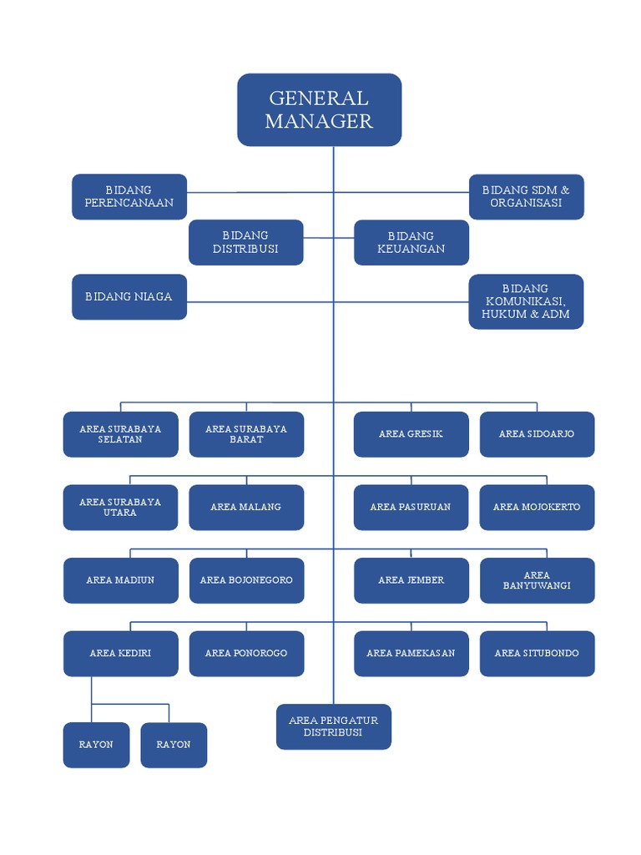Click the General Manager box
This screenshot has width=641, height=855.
[320, 109]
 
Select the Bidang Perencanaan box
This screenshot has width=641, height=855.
[129, 196]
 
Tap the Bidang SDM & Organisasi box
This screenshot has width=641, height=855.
[526, 196]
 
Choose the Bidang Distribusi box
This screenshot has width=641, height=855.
[245, 242]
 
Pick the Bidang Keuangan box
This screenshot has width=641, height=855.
[411, 242]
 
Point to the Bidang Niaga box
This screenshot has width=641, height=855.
[129, 296]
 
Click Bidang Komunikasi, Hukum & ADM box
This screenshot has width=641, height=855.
[526, 301]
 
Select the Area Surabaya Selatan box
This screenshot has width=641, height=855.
[120, 434]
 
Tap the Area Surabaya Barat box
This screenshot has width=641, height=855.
[246, 434]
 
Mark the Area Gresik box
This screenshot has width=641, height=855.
[411, 434]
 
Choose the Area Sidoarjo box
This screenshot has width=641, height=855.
[537, 434]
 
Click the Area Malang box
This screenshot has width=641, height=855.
[246, 507]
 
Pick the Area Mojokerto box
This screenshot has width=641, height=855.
[537, 507]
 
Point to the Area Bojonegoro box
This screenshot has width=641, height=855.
[246, 580]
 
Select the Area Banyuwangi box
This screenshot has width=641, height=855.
[537, 580]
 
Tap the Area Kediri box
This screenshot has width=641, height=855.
[120, 653]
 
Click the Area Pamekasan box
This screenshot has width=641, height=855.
[411, 653]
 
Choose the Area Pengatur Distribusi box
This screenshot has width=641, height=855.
[334, 726]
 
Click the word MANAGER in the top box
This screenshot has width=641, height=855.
[319, 121]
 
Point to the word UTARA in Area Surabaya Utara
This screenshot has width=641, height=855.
[120, 513]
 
